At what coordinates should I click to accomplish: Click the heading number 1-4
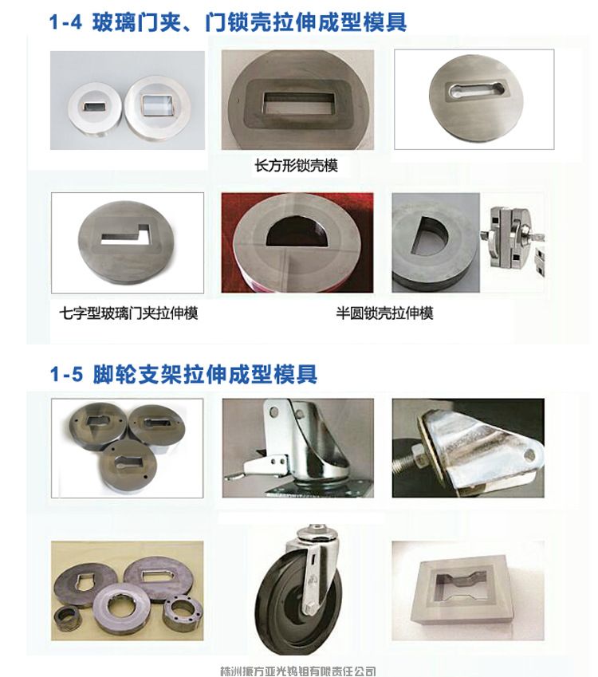[x=65, y=22]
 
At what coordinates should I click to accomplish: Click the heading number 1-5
[x=65, y=373]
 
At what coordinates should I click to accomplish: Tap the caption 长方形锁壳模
[x=296, y=166]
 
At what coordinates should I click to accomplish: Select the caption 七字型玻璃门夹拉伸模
[x=128, y=313]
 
